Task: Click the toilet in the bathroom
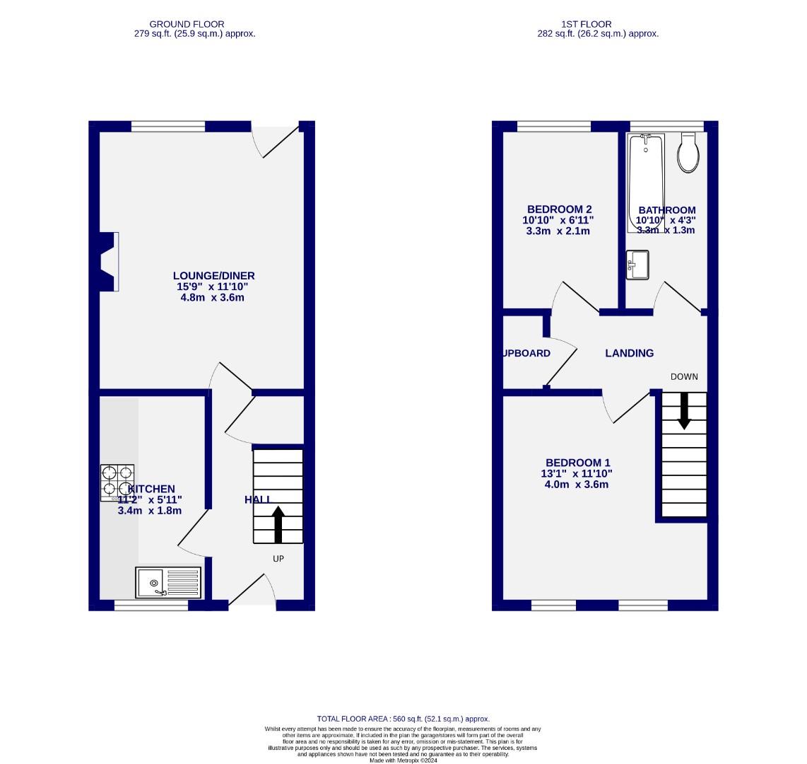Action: click(x=688, y=153)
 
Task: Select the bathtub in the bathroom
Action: click(x=645, y=180)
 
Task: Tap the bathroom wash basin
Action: click(x=637, y=265)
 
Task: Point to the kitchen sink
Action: click(x=168, y=583)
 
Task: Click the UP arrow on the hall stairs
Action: click(x=278, y=523)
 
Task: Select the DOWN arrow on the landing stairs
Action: click(x=684, y=411)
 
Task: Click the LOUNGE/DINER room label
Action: click(x=213, y=276)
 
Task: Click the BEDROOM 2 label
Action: click(x=559, y=209)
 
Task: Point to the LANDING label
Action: click(x=629, y=353)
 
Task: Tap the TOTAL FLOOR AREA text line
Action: click(x=403, y=719)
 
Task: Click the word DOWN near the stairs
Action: click(x=683, y=376)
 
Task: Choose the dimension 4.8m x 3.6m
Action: click(x=213, y=298)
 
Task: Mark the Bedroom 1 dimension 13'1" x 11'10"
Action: click(x=577, y=473)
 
